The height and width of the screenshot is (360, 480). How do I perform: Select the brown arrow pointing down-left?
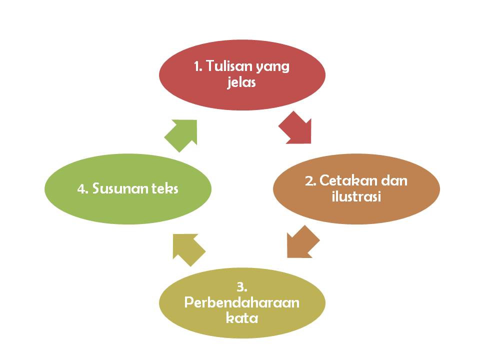[x=302, y=242]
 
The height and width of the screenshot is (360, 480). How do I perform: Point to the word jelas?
[x=241, y=82]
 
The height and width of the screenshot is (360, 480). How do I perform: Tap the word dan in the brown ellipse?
[x=394, y=180]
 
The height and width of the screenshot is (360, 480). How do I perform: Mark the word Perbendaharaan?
[x=242, y=303]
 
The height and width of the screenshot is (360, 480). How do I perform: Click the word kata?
[x=242, y=317]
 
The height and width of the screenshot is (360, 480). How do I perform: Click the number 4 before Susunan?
[x=81, y=189]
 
